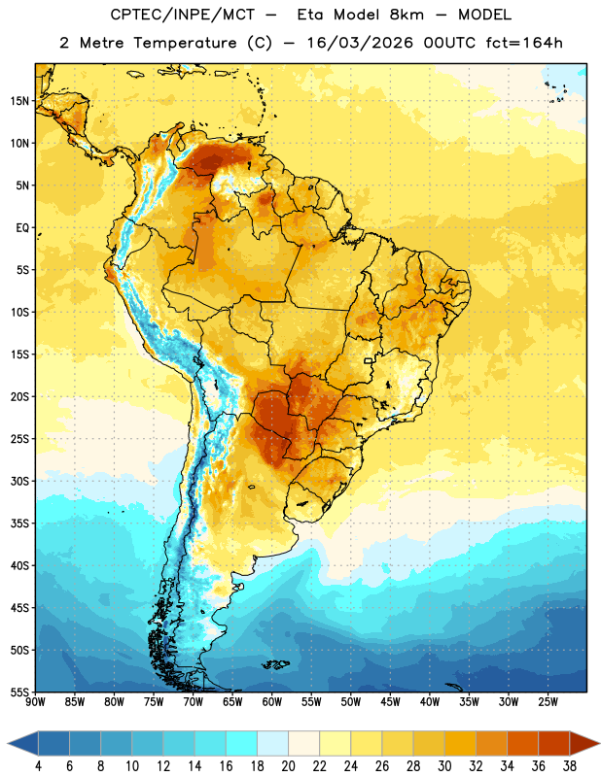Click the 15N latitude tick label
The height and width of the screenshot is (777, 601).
(19, 101)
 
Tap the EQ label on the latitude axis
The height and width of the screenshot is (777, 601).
(22, 228)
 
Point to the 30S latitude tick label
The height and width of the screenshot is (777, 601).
(19, 481)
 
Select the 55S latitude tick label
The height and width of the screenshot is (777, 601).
(19, 693)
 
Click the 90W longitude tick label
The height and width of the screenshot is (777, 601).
(35, 702)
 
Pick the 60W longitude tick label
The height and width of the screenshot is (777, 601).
(272, 702)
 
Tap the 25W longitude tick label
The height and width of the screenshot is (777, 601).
(548, 702)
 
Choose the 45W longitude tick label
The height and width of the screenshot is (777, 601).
(390, 702)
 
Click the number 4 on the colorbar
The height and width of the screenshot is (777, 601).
(38, 766)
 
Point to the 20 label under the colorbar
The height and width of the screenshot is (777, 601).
(288, 766)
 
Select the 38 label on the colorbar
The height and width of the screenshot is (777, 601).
(570, 766)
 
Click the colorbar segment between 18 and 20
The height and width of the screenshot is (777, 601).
(273, 744)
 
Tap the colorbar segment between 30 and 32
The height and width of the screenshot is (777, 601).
(461, 744)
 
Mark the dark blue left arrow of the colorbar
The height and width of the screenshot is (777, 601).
(22, 744)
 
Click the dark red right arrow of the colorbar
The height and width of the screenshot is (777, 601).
(585, 744)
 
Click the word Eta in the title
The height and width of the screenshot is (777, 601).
(310, 15)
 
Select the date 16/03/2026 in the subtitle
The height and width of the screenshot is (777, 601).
(360, 43)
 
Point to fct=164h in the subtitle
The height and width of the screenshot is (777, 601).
(524, 43)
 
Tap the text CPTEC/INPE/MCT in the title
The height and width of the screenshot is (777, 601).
(183, 15)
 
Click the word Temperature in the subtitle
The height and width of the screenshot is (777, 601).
(185, 44)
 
